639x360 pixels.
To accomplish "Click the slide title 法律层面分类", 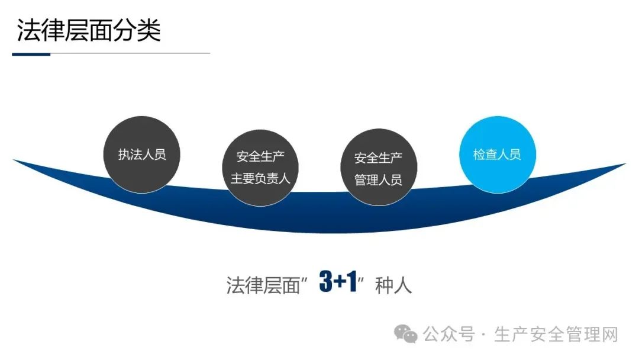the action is point(89,31).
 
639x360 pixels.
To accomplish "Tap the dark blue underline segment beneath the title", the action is point(31,54).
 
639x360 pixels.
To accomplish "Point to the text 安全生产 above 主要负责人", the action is point(260,157).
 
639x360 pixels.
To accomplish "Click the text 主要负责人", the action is point(260,178).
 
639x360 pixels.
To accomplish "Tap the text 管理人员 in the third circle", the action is point(378,179).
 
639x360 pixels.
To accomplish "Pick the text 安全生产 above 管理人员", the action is point(378,158).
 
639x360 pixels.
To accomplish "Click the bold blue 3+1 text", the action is point(338,282).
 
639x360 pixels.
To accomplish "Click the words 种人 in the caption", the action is point(393,285).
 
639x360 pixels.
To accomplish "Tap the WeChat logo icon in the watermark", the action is point(406,335).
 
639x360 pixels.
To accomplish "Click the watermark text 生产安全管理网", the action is point(556,335).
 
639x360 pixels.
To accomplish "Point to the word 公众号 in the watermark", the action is point(450,335).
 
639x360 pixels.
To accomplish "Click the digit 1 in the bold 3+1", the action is point(352,282).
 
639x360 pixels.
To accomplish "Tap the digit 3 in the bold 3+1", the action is point(326,282).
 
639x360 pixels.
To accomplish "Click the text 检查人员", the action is point(497,155).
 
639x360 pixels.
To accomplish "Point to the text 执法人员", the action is point(142,155).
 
